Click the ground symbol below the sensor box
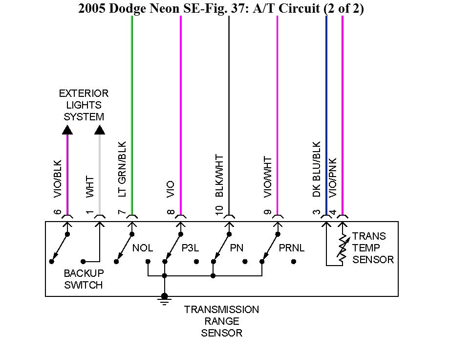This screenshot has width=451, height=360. click(165, 300)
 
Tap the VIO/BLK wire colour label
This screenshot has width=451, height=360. click(57, 179)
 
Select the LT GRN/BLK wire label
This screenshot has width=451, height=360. click(123, 170)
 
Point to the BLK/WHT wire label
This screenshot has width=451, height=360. click(219, 176)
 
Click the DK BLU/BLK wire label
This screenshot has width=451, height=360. click(317, 170)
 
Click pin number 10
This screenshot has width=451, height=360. click(219, 210)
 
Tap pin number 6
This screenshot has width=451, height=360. click(57, 212)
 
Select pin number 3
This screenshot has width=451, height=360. click(317, 212)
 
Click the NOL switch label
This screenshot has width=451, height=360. click(143, 248)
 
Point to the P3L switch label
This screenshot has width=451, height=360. click(191, 248)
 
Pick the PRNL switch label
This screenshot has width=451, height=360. click(292, 248)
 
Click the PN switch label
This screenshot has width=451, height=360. click(236, 248)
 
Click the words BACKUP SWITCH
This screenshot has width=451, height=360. click(84, 279)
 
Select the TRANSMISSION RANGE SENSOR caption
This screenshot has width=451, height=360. click(221, 321)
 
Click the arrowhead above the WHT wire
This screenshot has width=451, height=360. click(100, 130)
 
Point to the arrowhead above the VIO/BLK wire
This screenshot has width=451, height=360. click(67, 130)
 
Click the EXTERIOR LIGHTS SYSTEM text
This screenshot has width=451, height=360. click(84, 105)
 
